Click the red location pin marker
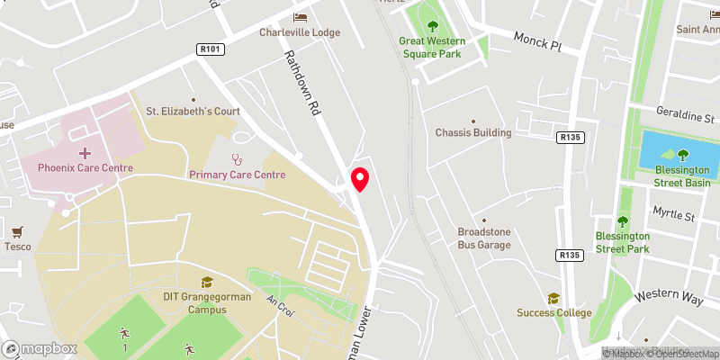click(x=360, y=179)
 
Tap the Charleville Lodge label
click(x=300, y=32)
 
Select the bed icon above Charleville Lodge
click(x=300, y=17)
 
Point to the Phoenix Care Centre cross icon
click(x=85, y=153)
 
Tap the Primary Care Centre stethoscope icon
click(x=238, y=159)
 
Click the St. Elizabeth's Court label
click(x=193, y=112)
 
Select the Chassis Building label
click(x=473, y=133)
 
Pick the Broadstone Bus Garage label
click(x=484, y=238)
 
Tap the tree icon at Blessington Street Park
click(x=622, y=222)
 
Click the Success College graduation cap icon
click(x=554, y=298)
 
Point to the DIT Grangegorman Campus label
click(x=207, y=302)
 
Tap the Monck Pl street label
click(x=537, y=40)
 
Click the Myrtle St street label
click(x=679, y=217)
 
